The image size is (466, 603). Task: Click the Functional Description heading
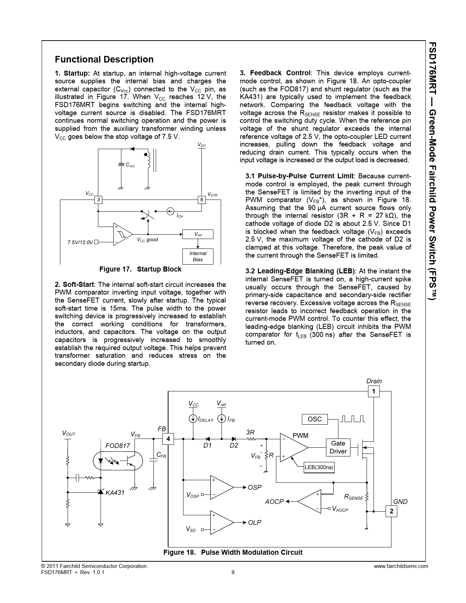[104, 60]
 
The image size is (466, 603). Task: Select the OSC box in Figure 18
[315, 419]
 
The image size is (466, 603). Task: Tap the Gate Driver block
[338, 447]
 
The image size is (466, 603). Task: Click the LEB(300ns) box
[319, 467]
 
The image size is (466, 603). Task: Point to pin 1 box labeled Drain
[374, 391]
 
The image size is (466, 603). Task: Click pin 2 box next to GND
[391, 511]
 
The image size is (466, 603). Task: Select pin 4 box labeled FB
[168, 439]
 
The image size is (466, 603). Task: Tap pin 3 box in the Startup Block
[98, 200]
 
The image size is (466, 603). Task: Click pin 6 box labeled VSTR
[201, 200]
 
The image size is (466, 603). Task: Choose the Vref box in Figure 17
[198, 234]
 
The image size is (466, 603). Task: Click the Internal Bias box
[198, 256]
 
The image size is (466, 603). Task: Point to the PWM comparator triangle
[292, 447]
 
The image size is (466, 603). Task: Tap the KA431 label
[115, 493]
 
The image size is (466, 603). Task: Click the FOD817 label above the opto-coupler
[117, 446]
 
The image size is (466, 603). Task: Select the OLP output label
[254, 523]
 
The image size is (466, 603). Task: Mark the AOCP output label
[274, 502]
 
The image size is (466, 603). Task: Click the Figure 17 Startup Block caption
[140, 269]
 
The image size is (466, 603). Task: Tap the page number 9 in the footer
[233, 572]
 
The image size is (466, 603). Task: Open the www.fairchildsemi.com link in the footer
[401, 566]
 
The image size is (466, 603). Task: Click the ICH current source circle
[170, 211]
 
